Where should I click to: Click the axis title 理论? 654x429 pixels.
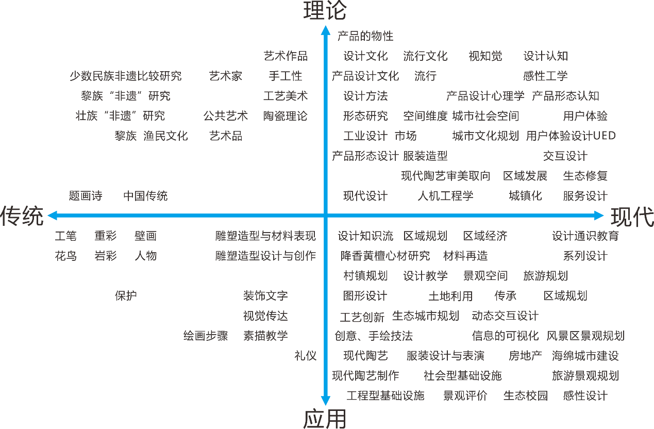pyautogui.click(x=325, y=10)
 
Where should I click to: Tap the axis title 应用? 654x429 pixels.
pyautogui.click(x=325, y=419)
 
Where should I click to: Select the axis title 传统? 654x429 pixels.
pyautogui.click(x=22, y=216)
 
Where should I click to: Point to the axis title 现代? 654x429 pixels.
pyautogui.click(x=632, y=217)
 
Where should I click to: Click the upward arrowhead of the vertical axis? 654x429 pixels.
pyautogui.click(x=326, y=30)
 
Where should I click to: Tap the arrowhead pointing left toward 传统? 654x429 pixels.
pyautogui.click(x=53, y=216)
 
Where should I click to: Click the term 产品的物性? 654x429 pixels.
pyautogui.click(x=365, y=36)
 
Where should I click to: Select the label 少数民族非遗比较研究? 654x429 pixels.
pyautogui.click(x=126, y=76)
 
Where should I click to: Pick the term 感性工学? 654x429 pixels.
pyautogui.click(x=545, y=76)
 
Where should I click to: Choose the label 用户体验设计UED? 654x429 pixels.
pyautogui.click(x=571, y=136)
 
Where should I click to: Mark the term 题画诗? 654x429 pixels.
pyautogui.click(x=86, y=195)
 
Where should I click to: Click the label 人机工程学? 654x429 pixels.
pyautogui.click(x=445, y=195)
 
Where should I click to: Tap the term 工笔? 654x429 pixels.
pyautogui.click(x=65, y=236)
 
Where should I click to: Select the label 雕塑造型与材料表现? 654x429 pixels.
pyautogui.click(x=265, y=236)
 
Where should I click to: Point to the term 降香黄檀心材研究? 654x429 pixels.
pyautogui.click(x=385, y=256)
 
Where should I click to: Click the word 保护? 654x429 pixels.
pyautogui.click(x=126, y=296)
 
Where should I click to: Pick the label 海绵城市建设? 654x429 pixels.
pyautogui.click(x=585, y=356)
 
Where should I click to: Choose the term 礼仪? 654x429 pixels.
pyautogui.click(x=306, y=356)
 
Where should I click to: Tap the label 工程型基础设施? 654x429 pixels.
pyautogui.click(x=385, y=395)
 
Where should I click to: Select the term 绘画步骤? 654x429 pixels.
pyautogui.click(x=206, y=336)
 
